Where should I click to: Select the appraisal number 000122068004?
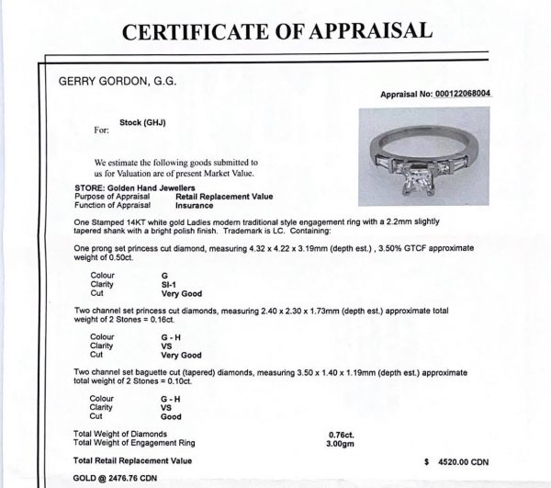(x=479, y=94)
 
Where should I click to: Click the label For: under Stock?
(x=101, y=131)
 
